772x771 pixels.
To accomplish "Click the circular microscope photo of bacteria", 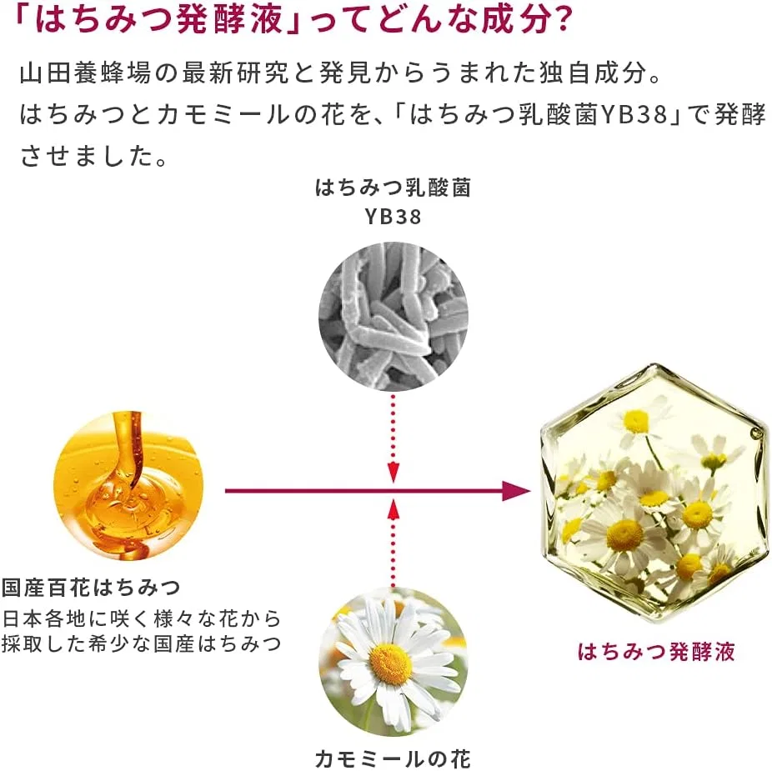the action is [393, 316].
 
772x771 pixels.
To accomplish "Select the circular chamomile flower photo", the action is [393, 662].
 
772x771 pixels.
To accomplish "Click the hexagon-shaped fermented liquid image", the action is [654, 493].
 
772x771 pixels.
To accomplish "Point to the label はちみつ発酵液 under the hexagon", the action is [656, 651].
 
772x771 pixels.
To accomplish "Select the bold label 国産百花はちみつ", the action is [91, 587].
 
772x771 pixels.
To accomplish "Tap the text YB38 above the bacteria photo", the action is [393, 217].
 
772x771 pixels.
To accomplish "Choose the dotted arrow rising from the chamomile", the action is [393, 543].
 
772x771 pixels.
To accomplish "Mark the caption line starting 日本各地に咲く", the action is [141, 618].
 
